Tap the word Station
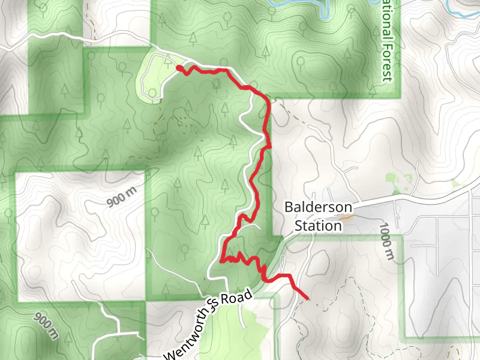318,226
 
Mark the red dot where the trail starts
179,68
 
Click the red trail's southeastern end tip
307,298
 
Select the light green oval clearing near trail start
154,77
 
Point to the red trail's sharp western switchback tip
222,261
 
